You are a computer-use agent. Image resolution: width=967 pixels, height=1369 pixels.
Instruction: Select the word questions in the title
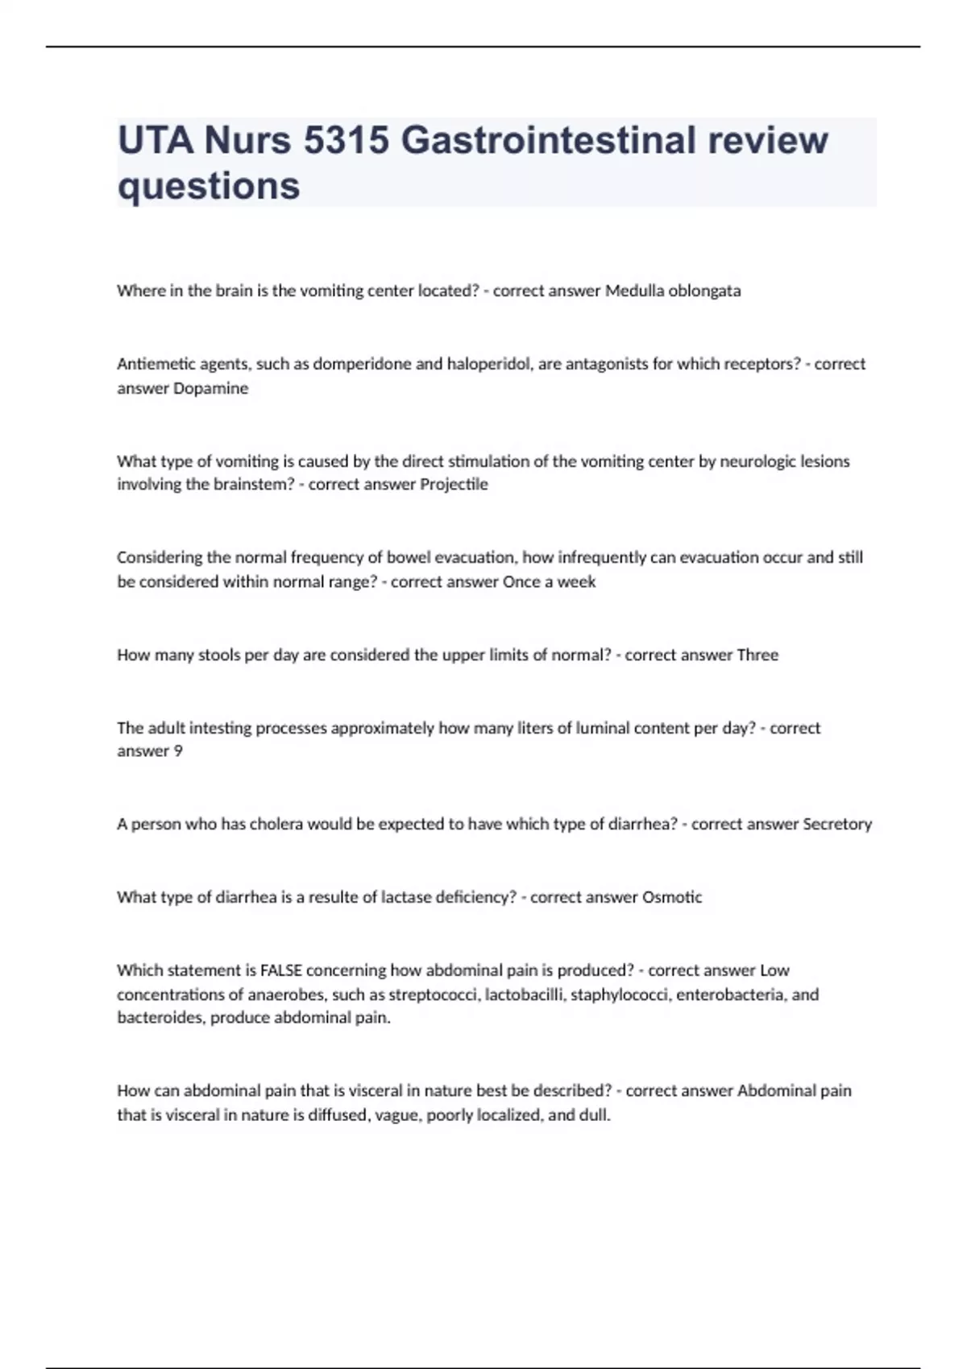209,186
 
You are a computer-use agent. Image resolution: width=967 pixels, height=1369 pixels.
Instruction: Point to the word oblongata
704,291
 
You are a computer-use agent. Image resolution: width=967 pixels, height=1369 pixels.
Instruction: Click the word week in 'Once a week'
576,582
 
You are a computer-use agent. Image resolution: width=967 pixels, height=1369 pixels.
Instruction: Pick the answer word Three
757,656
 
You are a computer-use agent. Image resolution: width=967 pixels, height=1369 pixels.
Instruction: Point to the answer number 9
178,751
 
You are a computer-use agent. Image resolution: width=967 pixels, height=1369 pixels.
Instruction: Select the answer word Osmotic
671,897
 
